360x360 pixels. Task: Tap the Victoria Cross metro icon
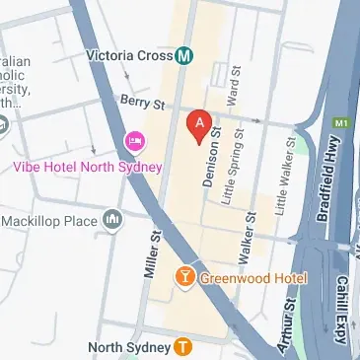[x=183, y=56]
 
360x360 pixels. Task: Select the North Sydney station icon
[x=182, y=346]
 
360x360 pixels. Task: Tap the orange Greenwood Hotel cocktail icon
[x=183, y=277]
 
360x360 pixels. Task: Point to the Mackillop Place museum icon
[x=112, y=216]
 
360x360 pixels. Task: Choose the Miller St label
[x=153, y=253]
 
